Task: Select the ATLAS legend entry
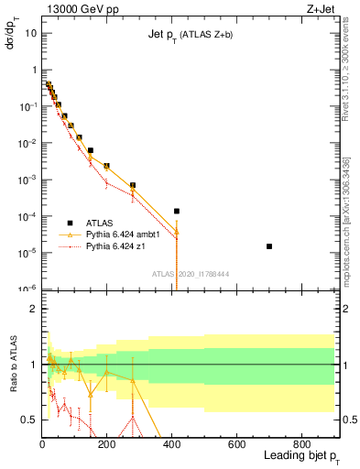pos(100,223)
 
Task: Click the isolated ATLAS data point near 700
pos(269,246)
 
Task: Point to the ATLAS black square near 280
pos(133,185)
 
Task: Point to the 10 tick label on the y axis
pos(29,33)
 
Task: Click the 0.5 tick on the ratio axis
pos(29,420)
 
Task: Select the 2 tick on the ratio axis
pos(34,310)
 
